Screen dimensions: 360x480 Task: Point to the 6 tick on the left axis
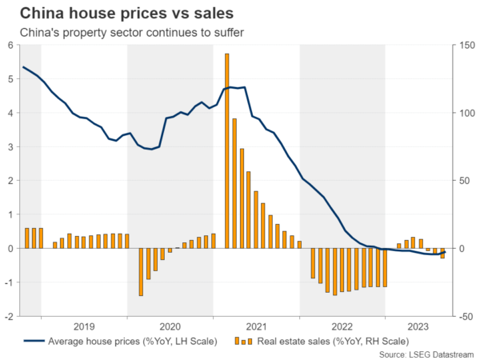[10, 45]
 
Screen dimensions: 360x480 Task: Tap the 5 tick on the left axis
[10, 79]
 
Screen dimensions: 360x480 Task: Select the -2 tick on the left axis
[9, 316]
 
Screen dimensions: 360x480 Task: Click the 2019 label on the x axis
[84, 326]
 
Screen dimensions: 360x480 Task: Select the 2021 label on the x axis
[256, 326]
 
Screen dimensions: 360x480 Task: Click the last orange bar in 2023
[442, 253]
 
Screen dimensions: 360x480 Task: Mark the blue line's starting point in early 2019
[24, 67]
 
